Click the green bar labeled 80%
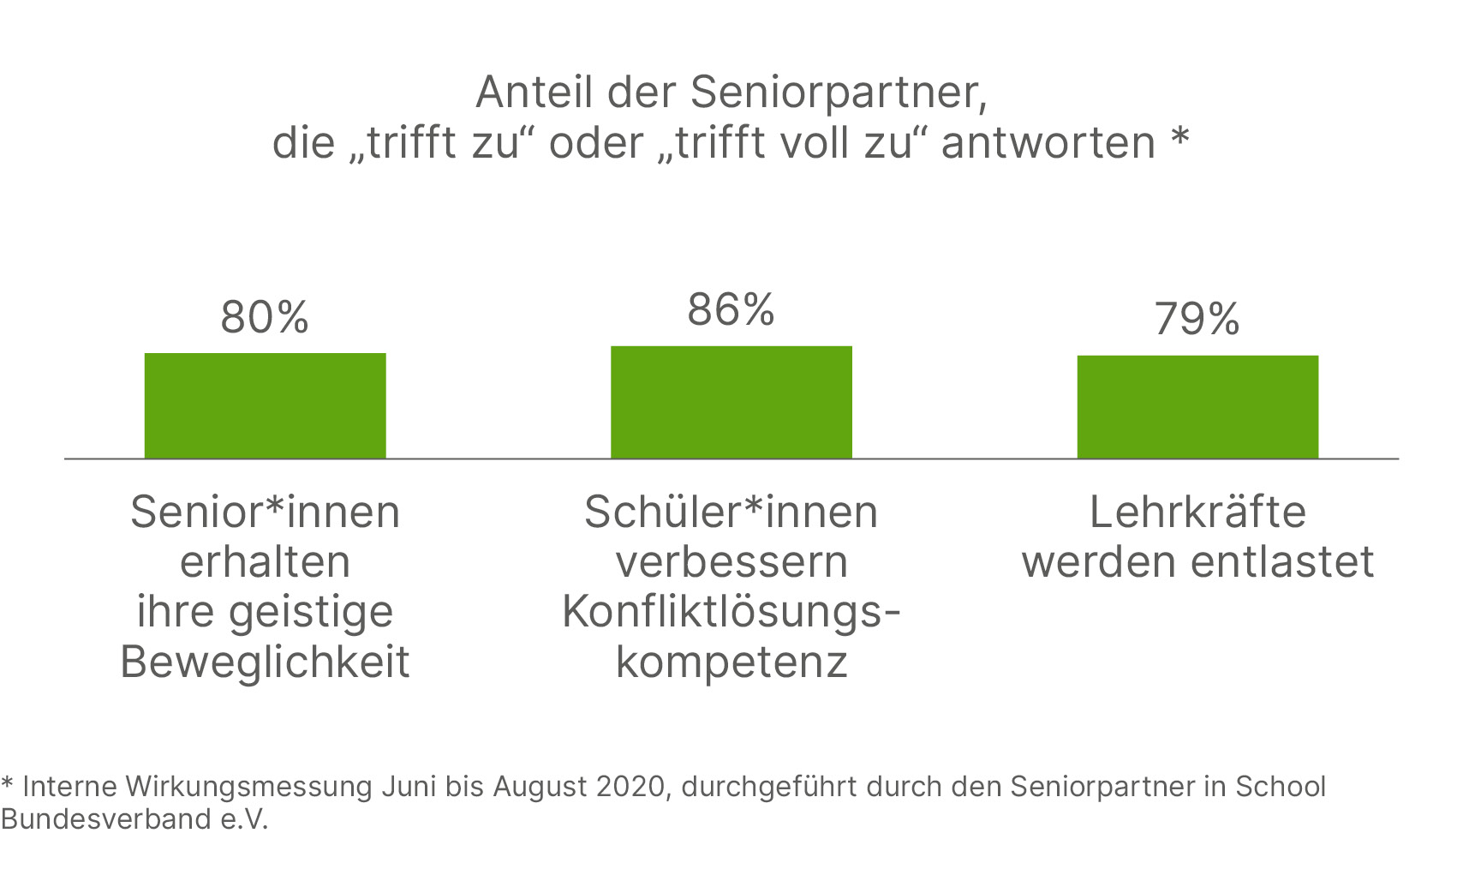(265, 405)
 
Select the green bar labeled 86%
(731, 402)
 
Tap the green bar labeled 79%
(1197, 407)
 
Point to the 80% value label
(265, 317)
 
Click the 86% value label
(731, 309)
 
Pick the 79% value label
(1197, 319)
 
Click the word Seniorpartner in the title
(838, 93)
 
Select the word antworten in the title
(1048, 142)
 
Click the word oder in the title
(596, 142)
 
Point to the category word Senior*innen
(265, 512)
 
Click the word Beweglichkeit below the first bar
(265, 662)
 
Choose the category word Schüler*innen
(731, 512)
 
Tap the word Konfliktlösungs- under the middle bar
(731, 612)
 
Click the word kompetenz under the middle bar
(731, 662)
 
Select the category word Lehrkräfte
(1197, 512)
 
